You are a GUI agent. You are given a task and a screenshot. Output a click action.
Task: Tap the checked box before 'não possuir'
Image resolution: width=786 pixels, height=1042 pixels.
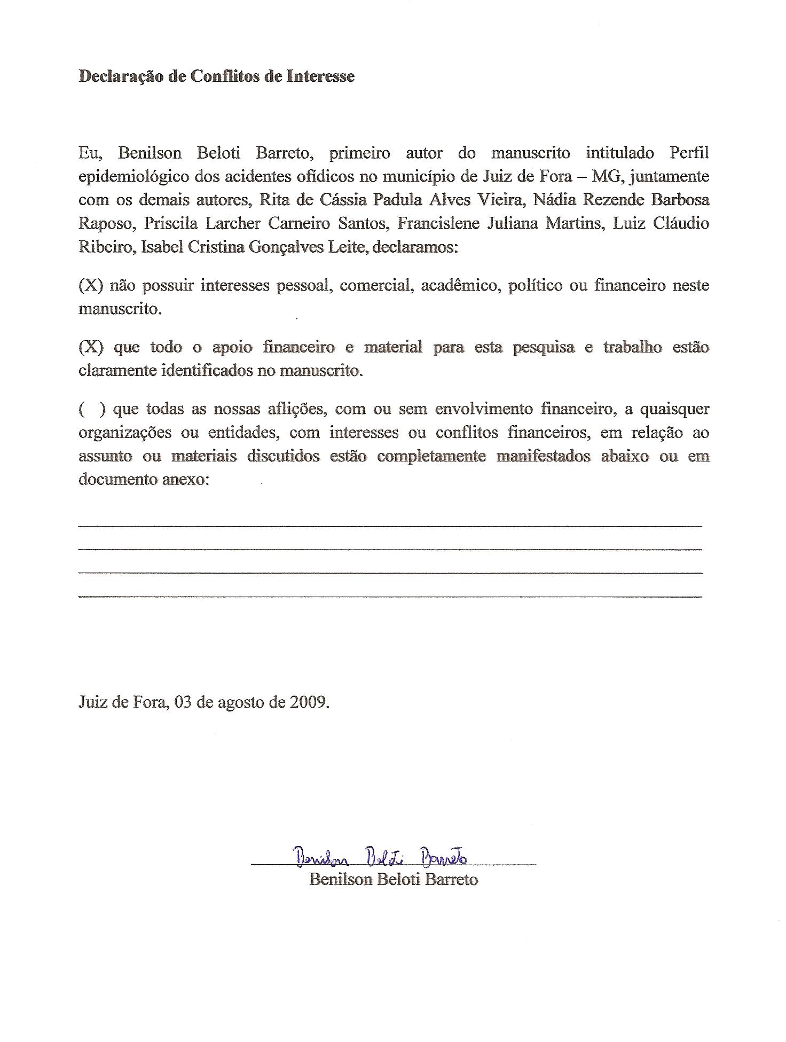pos(90,286)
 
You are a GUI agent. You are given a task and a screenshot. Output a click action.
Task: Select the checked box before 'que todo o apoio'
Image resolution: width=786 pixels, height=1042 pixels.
pos(90,348)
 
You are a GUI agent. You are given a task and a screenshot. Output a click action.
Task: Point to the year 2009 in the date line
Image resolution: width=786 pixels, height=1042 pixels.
pos(309,701)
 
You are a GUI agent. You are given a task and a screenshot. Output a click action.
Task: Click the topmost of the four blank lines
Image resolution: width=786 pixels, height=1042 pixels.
pos(390,526)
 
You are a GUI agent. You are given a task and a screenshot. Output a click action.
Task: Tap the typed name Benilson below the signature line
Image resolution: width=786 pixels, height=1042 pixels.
pos(340,879)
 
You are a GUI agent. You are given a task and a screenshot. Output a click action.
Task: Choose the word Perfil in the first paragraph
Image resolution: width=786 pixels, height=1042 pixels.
pos(689,153)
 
